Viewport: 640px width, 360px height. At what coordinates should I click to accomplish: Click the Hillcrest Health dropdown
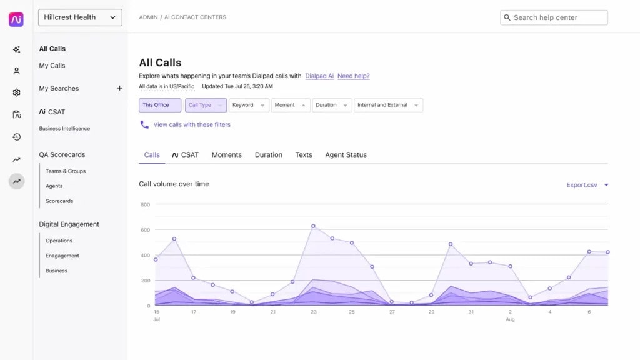(x=80, y=17)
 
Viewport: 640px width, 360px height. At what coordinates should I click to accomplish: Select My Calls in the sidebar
(x=52, y=66)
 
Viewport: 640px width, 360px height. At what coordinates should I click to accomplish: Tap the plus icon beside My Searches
(x=119, y=88)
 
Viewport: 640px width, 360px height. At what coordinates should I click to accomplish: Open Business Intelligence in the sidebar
(x=64, y=129)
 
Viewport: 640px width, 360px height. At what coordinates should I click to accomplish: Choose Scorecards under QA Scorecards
(x=59, y=201)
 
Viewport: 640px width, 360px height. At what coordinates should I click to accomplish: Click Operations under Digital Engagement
(x=59, y=241)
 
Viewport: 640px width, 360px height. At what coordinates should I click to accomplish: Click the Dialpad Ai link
(x=319, y=76)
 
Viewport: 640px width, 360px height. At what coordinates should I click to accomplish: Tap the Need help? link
(x=353, y=76)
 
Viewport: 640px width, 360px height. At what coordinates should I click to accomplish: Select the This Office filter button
(x=160, y=105)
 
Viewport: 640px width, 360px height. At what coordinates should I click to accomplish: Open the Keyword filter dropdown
(x=249, y=105)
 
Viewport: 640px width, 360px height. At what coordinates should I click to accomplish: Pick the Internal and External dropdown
(x=388, y=105)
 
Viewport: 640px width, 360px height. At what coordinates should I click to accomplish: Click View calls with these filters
(x=191, y=124)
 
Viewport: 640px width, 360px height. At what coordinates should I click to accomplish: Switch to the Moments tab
(x=226, y=154)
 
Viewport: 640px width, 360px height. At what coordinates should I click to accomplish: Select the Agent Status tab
(x=346, y=154)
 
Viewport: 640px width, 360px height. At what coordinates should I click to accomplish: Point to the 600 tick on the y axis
(x=145, y=230)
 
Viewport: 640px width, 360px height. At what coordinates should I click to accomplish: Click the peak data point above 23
(x=313, y=226)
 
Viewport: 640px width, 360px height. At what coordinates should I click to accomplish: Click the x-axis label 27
(x=392, y=312)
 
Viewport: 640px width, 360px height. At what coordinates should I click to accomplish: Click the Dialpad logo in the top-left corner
(x=16, y=19)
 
